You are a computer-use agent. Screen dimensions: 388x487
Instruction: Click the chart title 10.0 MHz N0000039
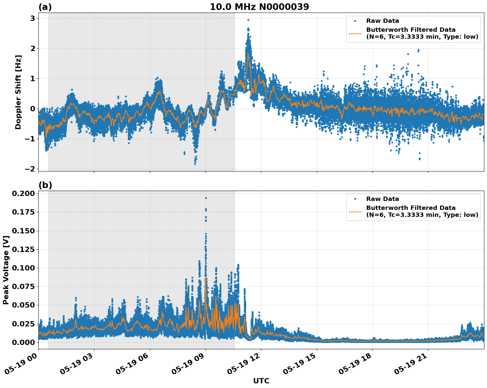pyautogui.click(x=259, y=7)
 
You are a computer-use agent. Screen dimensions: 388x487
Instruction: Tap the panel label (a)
pyautogui.click(x=45, y=7)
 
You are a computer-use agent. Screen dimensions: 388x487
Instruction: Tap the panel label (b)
pyautogui.click(x=45, y=185)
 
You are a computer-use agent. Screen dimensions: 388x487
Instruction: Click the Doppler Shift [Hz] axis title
pyautogui.click(x=18, y=92)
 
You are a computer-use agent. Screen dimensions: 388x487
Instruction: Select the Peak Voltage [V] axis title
pyautogui.click(x=6, y=270)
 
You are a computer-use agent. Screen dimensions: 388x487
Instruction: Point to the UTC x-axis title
pyautogui.click(x=261, y=381)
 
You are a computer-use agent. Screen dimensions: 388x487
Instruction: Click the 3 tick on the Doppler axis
pyautogui.click(x=33, y=19)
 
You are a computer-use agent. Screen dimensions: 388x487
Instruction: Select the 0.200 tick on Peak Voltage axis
pyautogui.click(x=23, y=193)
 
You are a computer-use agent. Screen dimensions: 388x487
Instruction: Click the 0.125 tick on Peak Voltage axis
pyautogui.click(x=23, y=249)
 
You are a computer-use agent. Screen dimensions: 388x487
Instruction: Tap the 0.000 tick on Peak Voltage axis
pyautogui.click(x=23, y=342)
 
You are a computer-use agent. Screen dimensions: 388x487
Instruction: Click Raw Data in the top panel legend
pyautogui.click(x=382, y=21)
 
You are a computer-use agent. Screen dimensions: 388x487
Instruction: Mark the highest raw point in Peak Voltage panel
pyautogui.click(x=206, y=198)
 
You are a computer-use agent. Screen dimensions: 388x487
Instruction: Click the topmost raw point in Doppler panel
pyautogui.click(x=248, y=20)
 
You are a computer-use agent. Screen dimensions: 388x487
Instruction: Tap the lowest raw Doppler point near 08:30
pyautogui.click(x=195, y=164)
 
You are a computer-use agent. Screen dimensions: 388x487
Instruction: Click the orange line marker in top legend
pyautogui.click(x=355, y=33)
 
